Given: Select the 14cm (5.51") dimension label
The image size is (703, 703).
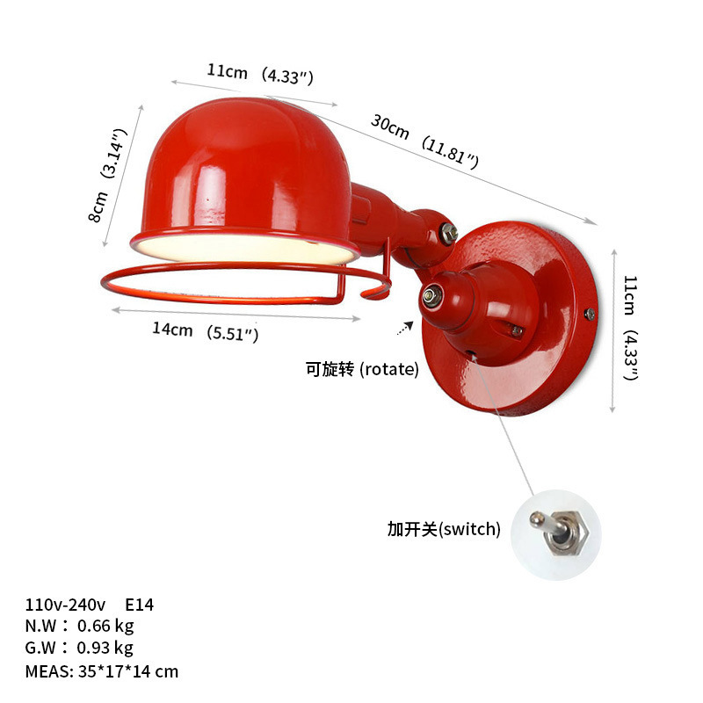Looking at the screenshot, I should [205, 331].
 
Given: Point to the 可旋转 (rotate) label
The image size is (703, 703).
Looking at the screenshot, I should [362, 369].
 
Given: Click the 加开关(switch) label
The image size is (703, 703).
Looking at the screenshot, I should [444, 529].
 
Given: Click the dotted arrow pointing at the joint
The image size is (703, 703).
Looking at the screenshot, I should [404, 329].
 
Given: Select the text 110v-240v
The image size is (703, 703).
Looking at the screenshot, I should [66, 605].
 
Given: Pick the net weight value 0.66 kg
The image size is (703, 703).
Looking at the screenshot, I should [105, 627].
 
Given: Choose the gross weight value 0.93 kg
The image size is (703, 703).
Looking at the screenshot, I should [105, 649].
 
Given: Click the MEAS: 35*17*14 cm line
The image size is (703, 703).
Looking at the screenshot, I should [102, 671].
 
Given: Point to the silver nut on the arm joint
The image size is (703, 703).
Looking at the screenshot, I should [448, 234].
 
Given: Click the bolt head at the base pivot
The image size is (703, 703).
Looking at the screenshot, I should [431, 296].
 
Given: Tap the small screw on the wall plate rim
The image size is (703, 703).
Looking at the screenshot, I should [589, 313].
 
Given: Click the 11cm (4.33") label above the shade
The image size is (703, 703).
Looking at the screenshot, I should [260, 74].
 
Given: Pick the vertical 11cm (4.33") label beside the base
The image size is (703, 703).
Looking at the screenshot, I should [630, 327].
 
